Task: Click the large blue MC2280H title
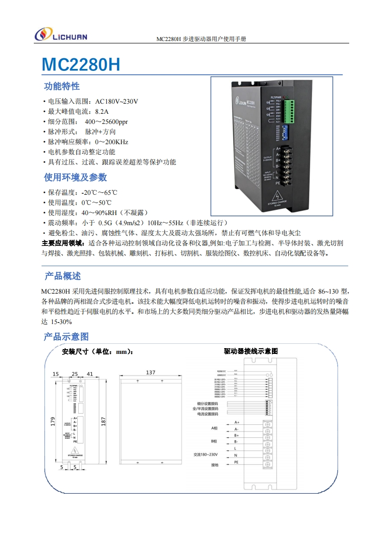81,65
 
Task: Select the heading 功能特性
62,87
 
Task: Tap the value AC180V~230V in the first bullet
117,101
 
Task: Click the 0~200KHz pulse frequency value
112,142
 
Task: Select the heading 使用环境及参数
75,177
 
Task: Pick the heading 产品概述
63,276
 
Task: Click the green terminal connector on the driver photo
289,111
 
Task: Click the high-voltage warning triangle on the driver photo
279,196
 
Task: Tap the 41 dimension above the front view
90,374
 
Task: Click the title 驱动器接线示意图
251,351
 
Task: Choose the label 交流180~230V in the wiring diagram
206,455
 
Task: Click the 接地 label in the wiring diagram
214,465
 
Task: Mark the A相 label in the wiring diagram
214,428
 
